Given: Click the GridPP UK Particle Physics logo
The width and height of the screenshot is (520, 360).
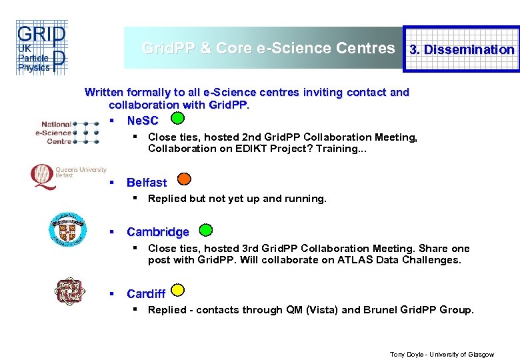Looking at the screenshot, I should pyautogui.click(x=41, y=49).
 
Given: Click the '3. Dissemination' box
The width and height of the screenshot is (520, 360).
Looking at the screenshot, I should pyautogui.click(x=461, y=49).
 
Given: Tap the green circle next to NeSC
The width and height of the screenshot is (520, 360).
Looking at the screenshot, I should pyautogui.click(x=177, y=119).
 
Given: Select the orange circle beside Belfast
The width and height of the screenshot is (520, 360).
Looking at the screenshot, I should pyautogui.click(x=185, y=179).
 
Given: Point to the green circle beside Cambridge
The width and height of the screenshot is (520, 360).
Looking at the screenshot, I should pyautogui.click(x=206, y=230).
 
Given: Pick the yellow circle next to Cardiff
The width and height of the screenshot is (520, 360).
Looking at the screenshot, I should pyautogui.click(x=177, y=290).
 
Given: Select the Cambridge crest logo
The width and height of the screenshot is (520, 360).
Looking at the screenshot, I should pyautogui.click(x=67, y=229).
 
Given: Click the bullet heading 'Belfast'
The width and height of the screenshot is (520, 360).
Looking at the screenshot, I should pyautogui.click(x=147, y=183).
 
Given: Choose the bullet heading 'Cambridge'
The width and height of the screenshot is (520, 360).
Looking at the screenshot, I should pyautogui.click(x=158, y=232).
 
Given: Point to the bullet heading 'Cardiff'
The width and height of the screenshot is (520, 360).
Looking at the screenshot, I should pyautogui.click(x=146, y=294).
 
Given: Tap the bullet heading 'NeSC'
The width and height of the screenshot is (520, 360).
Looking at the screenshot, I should pyautogui.click(x=143, y=121).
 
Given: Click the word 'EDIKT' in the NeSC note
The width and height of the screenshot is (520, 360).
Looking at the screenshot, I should pyautogui.click(x=251, y=149).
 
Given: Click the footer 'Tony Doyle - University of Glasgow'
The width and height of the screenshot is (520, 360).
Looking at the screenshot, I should pyautogui.click(x=441, y=354).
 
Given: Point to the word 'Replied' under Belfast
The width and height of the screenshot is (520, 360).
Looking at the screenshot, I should pyautogui.click(x=167, y=199).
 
